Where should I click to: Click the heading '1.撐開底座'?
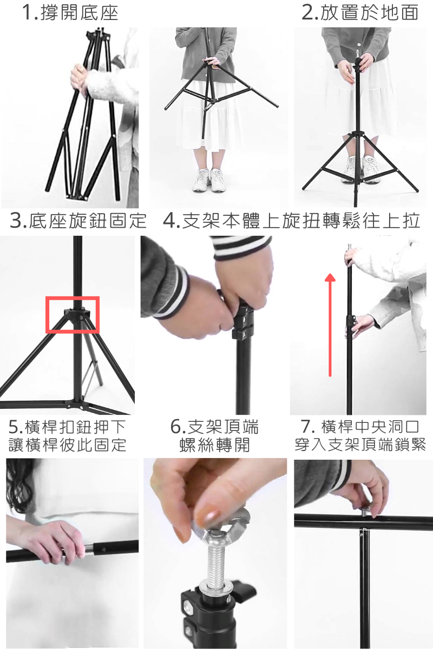(70, 13)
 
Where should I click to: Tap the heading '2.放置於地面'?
(360, 13)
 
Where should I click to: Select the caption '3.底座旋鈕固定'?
(78, 221)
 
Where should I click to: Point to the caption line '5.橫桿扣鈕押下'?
(68, 427)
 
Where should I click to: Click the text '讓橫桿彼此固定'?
(68, 445)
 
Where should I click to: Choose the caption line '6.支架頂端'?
(215, 427)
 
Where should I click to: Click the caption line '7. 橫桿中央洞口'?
(360, 427)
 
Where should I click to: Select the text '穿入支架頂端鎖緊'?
(360, 445)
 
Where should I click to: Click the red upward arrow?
(330, 325)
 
